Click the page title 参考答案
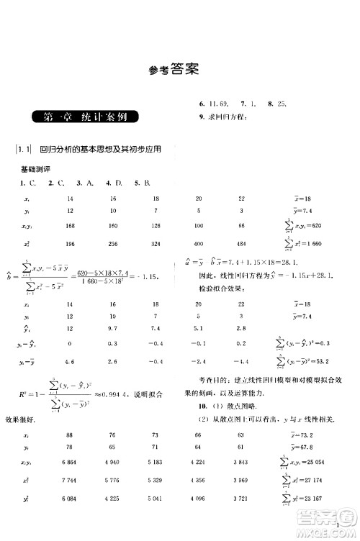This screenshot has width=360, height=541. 170,71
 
